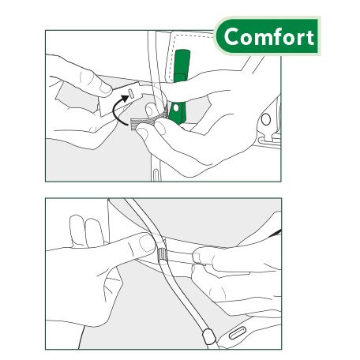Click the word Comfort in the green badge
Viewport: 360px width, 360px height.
[268, 37]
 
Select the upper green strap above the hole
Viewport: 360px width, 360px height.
[182, 64]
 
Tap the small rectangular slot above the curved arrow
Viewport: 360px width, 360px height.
[133, 92]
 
